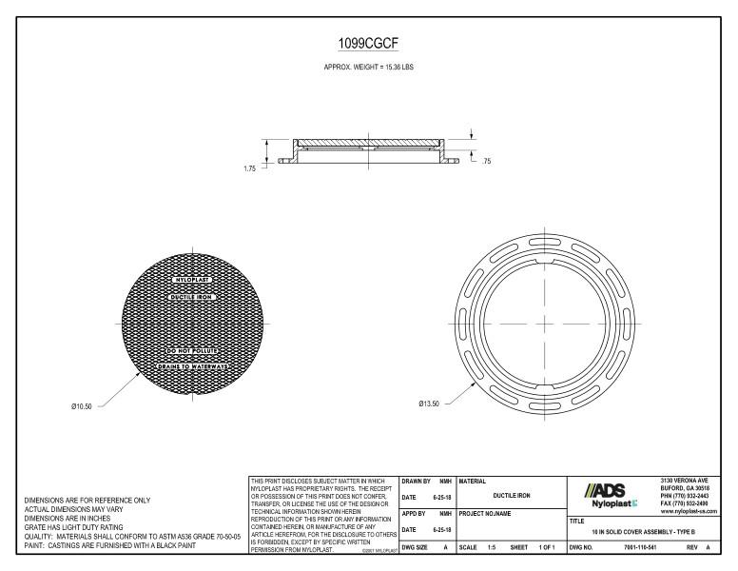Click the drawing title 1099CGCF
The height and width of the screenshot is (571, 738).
coord(369,43)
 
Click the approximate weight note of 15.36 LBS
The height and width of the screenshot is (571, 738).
coord(369,67)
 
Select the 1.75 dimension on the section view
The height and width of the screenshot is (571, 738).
coord(249,167)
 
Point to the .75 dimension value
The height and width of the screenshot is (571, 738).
coord(487,162)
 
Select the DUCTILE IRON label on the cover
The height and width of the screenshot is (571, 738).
coord(193,297)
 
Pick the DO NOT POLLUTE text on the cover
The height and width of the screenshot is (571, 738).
coord(193,352)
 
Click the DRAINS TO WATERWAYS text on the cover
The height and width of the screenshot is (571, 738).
coord(193,365)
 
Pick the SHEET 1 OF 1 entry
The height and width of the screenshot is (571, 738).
coord(533,549)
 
